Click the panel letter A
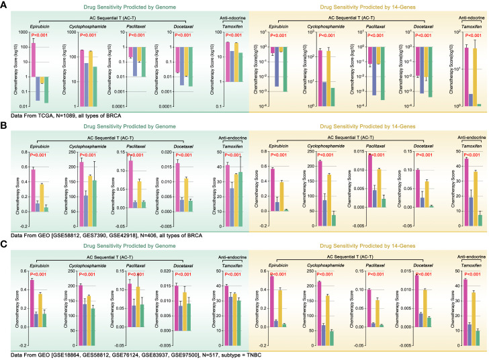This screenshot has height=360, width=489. pos(4,5)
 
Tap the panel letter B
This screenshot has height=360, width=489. pos(4,126)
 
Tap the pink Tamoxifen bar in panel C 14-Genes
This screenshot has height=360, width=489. pos(466,302)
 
